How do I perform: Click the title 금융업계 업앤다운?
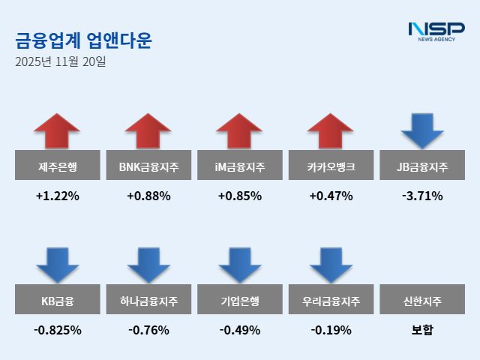(x=83, y=40)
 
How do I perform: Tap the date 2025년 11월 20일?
(x=61, y=61)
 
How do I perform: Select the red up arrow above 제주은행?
(x=57, y=130)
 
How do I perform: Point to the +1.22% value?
(x=57, y=196)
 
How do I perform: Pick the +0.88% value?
(x=148, y=196)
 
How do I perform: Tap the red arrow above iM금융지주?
(x=239, y=130)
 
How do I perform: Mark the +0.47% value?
(x=331, y=196)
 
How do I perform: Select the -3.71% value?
(x=422, y=196)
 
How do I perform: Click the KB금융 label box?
(x=57, y=301)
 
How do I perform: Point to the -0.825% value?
(x=57, y=330)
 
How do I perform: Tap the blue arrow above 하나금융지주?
(x=148, y=264)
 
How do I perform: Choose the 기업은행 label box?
(x=239, y=301)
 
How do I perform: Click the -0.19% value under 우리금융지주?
(x=331, y=330)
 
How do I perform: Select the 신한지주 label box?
(x=422, y=301)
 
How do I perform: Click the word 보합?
(x=422, y=330)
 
